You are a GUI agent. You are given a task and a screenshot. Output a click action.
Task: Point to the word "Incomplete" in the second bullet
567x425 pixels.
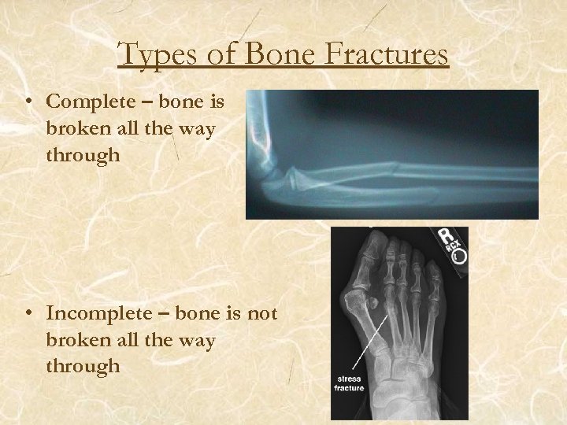pos(94,314)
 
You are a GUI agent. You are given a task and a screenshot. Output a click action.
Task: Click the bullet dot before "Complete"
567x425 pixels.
pos(28,102)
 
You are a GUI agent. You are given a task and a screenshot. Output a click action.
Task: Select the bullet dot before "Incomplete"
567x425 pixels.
pos(28,315)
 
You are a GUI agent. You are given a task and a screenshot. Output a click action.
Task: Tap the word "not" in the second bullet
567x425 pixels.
pos(262,314)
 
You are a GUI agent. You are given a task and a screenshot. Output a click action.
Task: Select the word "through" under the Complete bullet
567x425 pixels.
pos(83,155)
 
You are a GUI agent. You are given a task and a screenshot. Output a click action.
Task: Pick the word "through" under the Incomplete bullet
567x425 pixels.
pos(83,366)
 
